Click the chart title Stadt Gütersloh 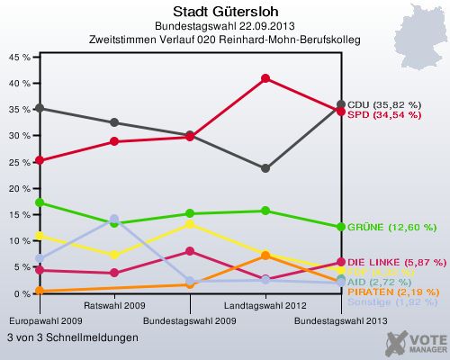224,10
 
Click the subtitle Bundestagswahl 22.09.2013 224,26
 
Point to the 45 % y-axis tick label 20,56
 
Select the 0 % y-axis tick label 22,294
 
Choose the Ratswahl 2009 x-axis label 114,306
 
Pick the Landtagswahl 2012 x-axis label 265,306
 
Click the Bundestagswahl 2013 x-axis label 341,320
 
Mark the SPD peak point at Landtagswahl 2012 265,78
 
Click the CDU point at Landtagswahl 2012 265,168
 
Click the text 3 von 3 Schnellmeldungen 72,337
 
